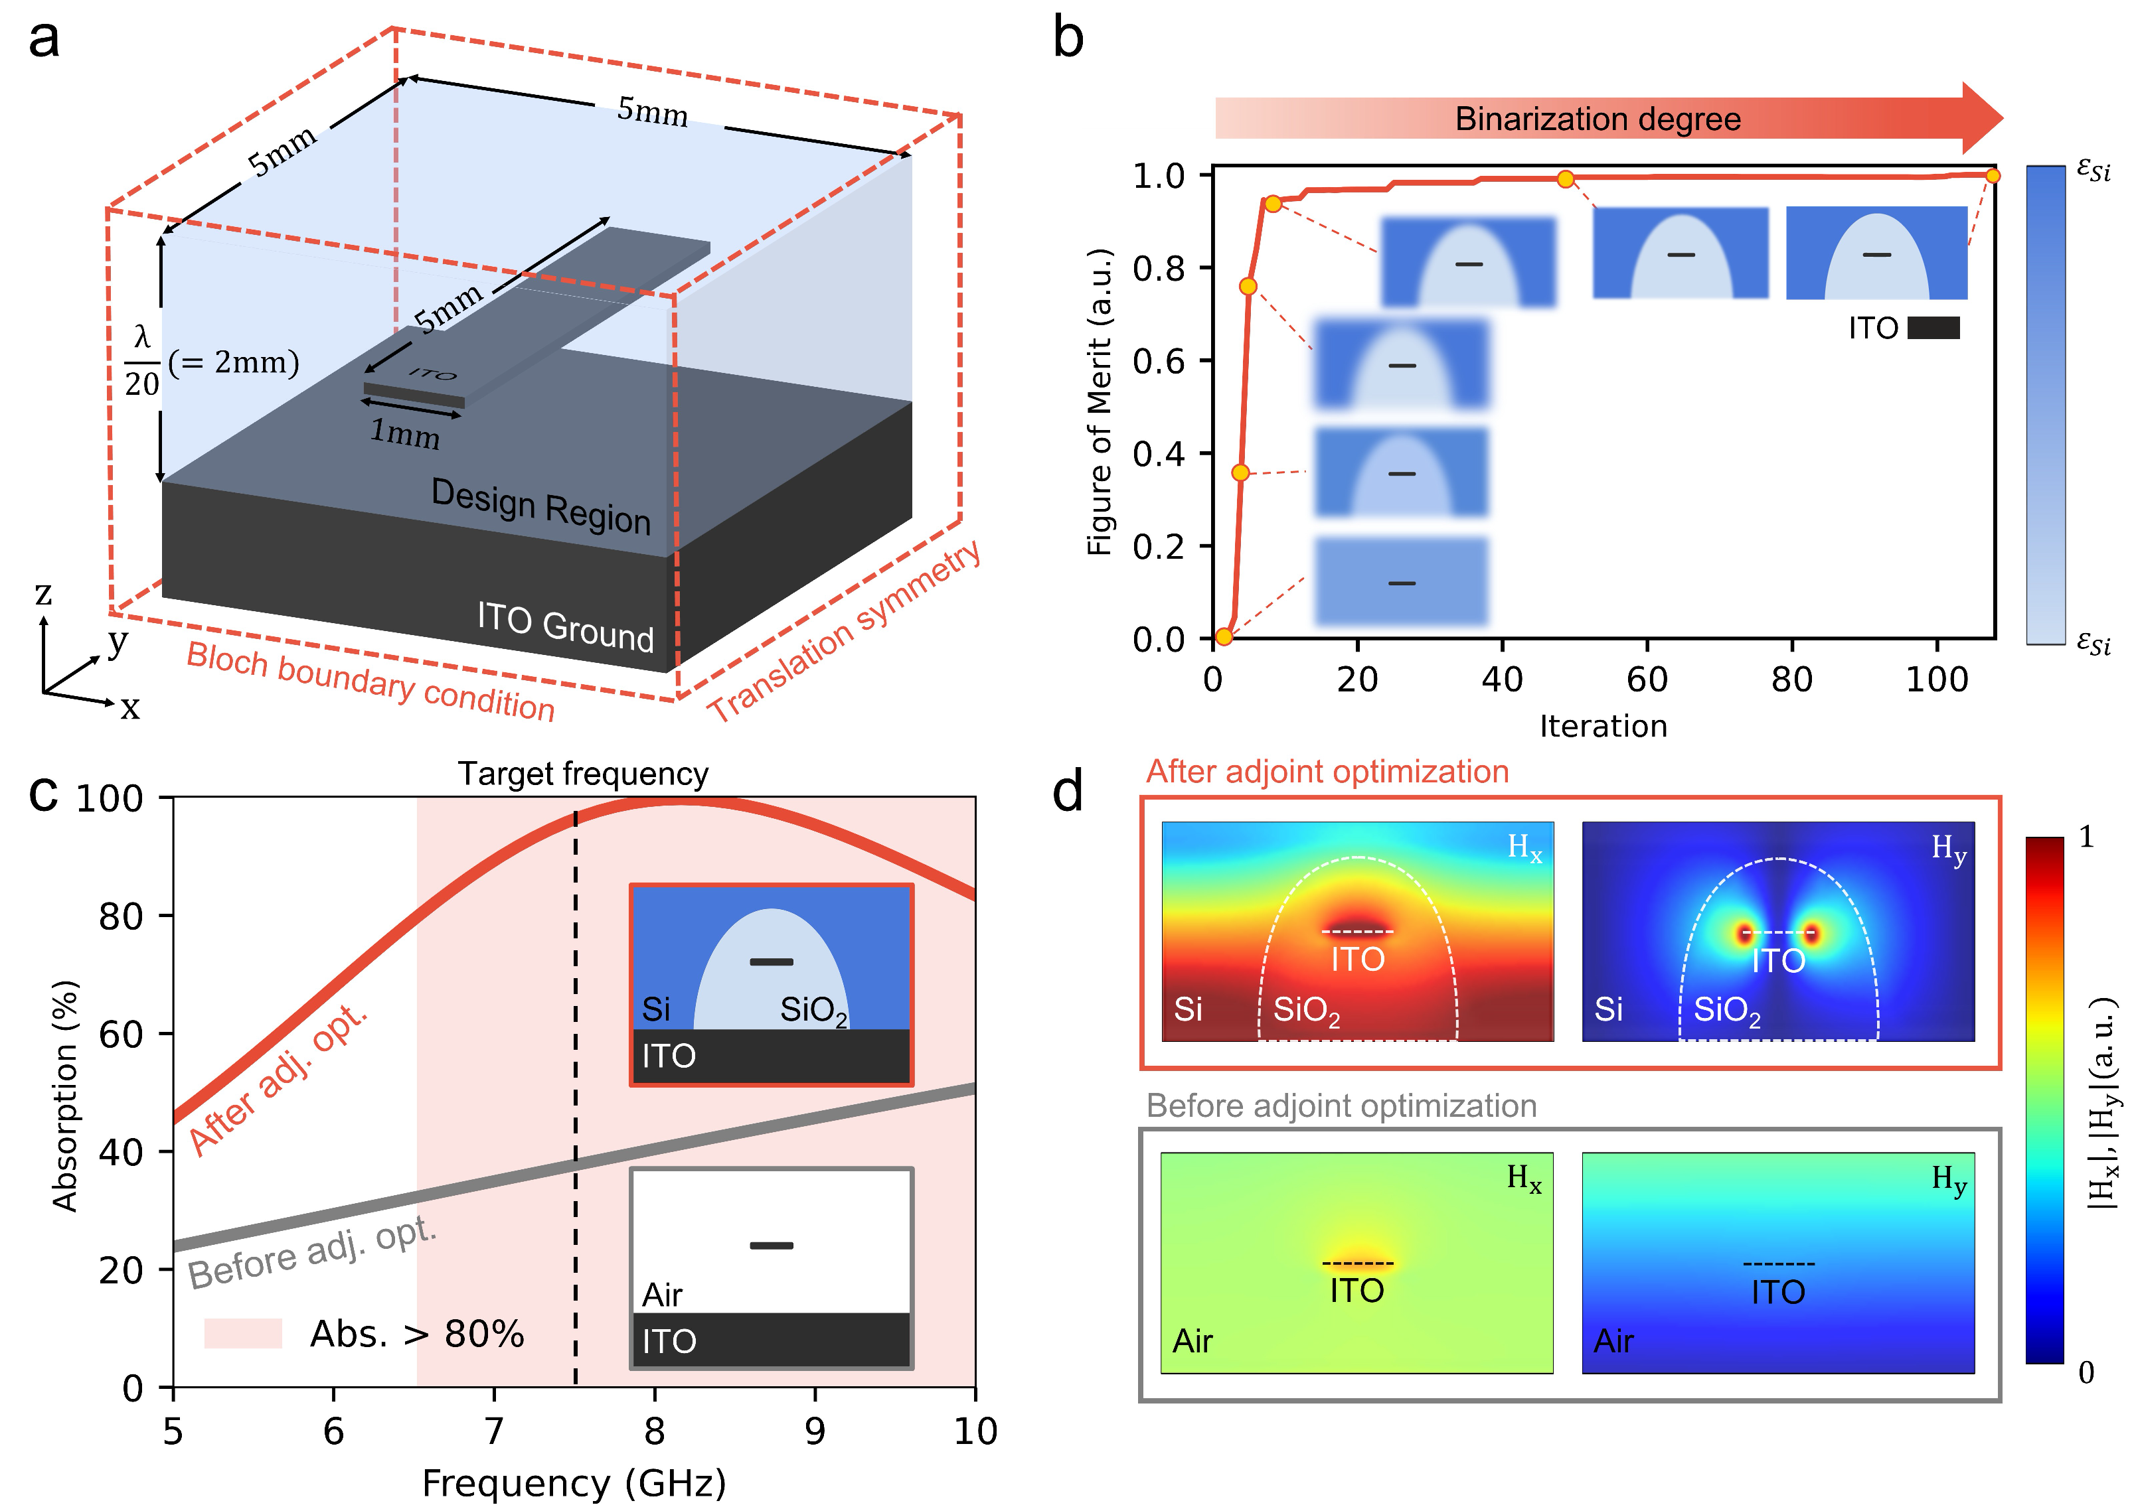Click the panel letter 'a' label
(x=44, y=40)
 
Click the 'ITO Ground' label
(x=565, y=626)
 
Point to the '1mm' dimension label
(x=405, y=433)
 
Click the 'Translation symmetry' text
(x=843, y=632)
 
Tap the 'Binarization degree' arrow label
(x=1597, y=119)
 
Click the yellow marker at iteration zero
(x=1224, y=636)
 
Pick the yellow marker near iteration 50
(x=1566, y=179)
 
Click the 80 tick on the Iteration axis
(x=1791, y=680)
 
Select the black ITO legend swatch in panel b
(x=1933, y=328)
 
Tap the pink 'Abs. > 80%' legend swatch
(x=243, y=1333)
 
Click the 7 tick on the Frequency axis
(x=494, y=1431)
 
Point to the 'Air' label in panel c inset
(x=662, y=1294)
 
